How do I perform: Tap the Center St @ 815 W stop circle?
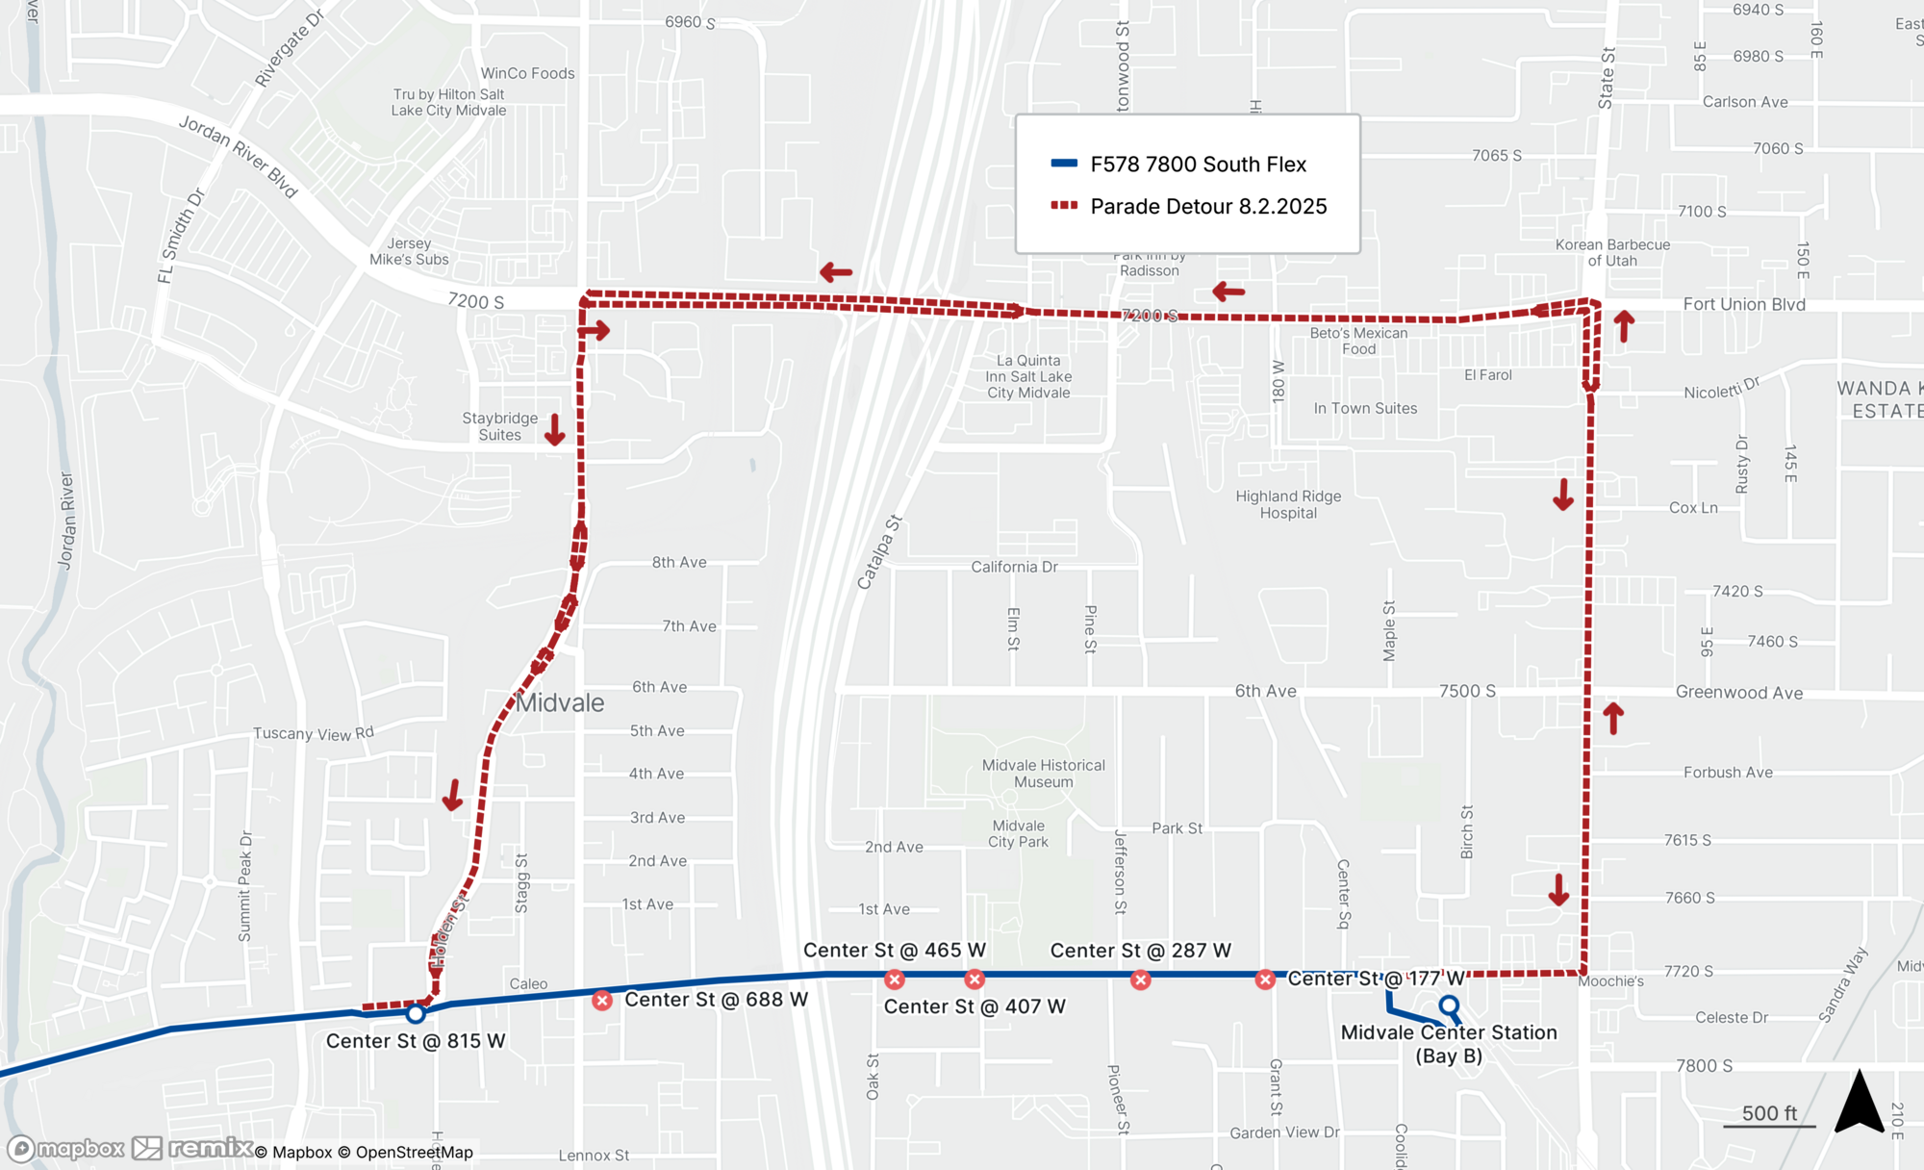tap(416, 1013)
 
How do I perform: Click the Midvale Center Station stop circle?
tap(1449, 1006)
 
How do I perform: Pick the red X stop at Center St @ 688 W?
tap(602, 1001)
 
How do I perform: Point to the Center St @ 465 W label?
tap(894, 951)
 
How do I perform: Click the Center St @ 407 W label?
tap(975, 1006)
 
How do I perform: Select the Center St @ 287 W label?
tap(1140, 951)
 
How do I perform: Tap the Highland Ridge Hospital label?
tap(1288, 504)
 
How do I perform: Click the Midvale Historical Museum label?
tap(1044, 774)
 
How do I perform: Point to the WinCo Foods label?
tap(527, 73)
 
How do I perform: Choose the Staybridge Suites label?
tap(499, 426)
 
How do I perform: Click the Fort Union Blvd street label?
tap(1744, 304)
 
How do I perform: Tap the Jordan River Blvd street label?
tap(239, 156)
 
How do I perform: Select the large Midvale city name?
tap(560, 703)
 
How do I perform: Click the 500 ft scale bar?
tap(1770, 1117)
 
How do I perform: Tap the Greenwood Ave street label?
tap(1739, 693)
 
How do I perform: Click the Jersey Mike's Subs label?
tap(409, 252)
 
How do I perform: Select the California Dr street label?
tap(1014, 567)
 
